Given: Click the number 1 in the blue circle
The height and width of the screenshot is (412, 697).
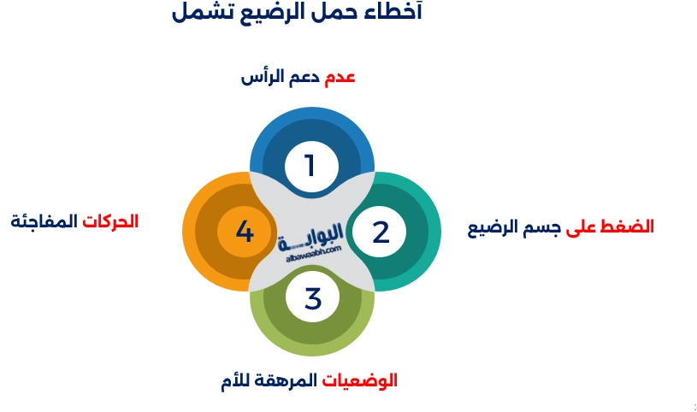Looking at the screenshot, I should pyautogui.click(x=310, y=165).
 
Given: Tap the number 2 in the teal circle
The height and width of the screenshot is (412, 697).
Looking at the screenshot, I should pyautogui.click(x=381, y=232).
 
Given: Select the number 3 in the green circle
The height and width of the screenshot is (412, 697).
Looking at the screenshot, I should pyautogui.click(x=313, y=298).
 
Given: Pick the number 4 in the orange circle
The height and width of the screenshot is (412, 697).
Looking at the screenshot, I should pyautogui.click(x=245, y=232).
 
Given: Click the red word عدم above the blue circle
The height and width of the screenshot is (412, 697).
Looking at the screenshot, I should pyautogui.click(x=340, y=77).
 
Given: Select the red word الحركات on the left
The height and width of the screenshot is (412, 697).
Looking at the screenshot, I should pyautogui.click(x=111, y=221).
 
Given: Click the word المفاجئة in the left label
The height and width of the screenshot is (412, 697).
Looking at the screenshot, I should pyautogui.click(x=44, y=221).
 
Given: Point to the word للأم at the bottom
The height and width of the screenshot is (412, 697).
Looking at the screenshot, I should pyautogui.click(x=237, y=380).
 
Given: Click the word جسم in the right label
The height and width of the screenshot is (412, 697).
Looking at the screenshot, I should pyautogui.click(x=542, y=227).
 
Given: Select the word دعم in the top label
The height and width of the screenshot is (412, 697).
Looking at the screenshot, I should pyautogui.click(x=304, y=77).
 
